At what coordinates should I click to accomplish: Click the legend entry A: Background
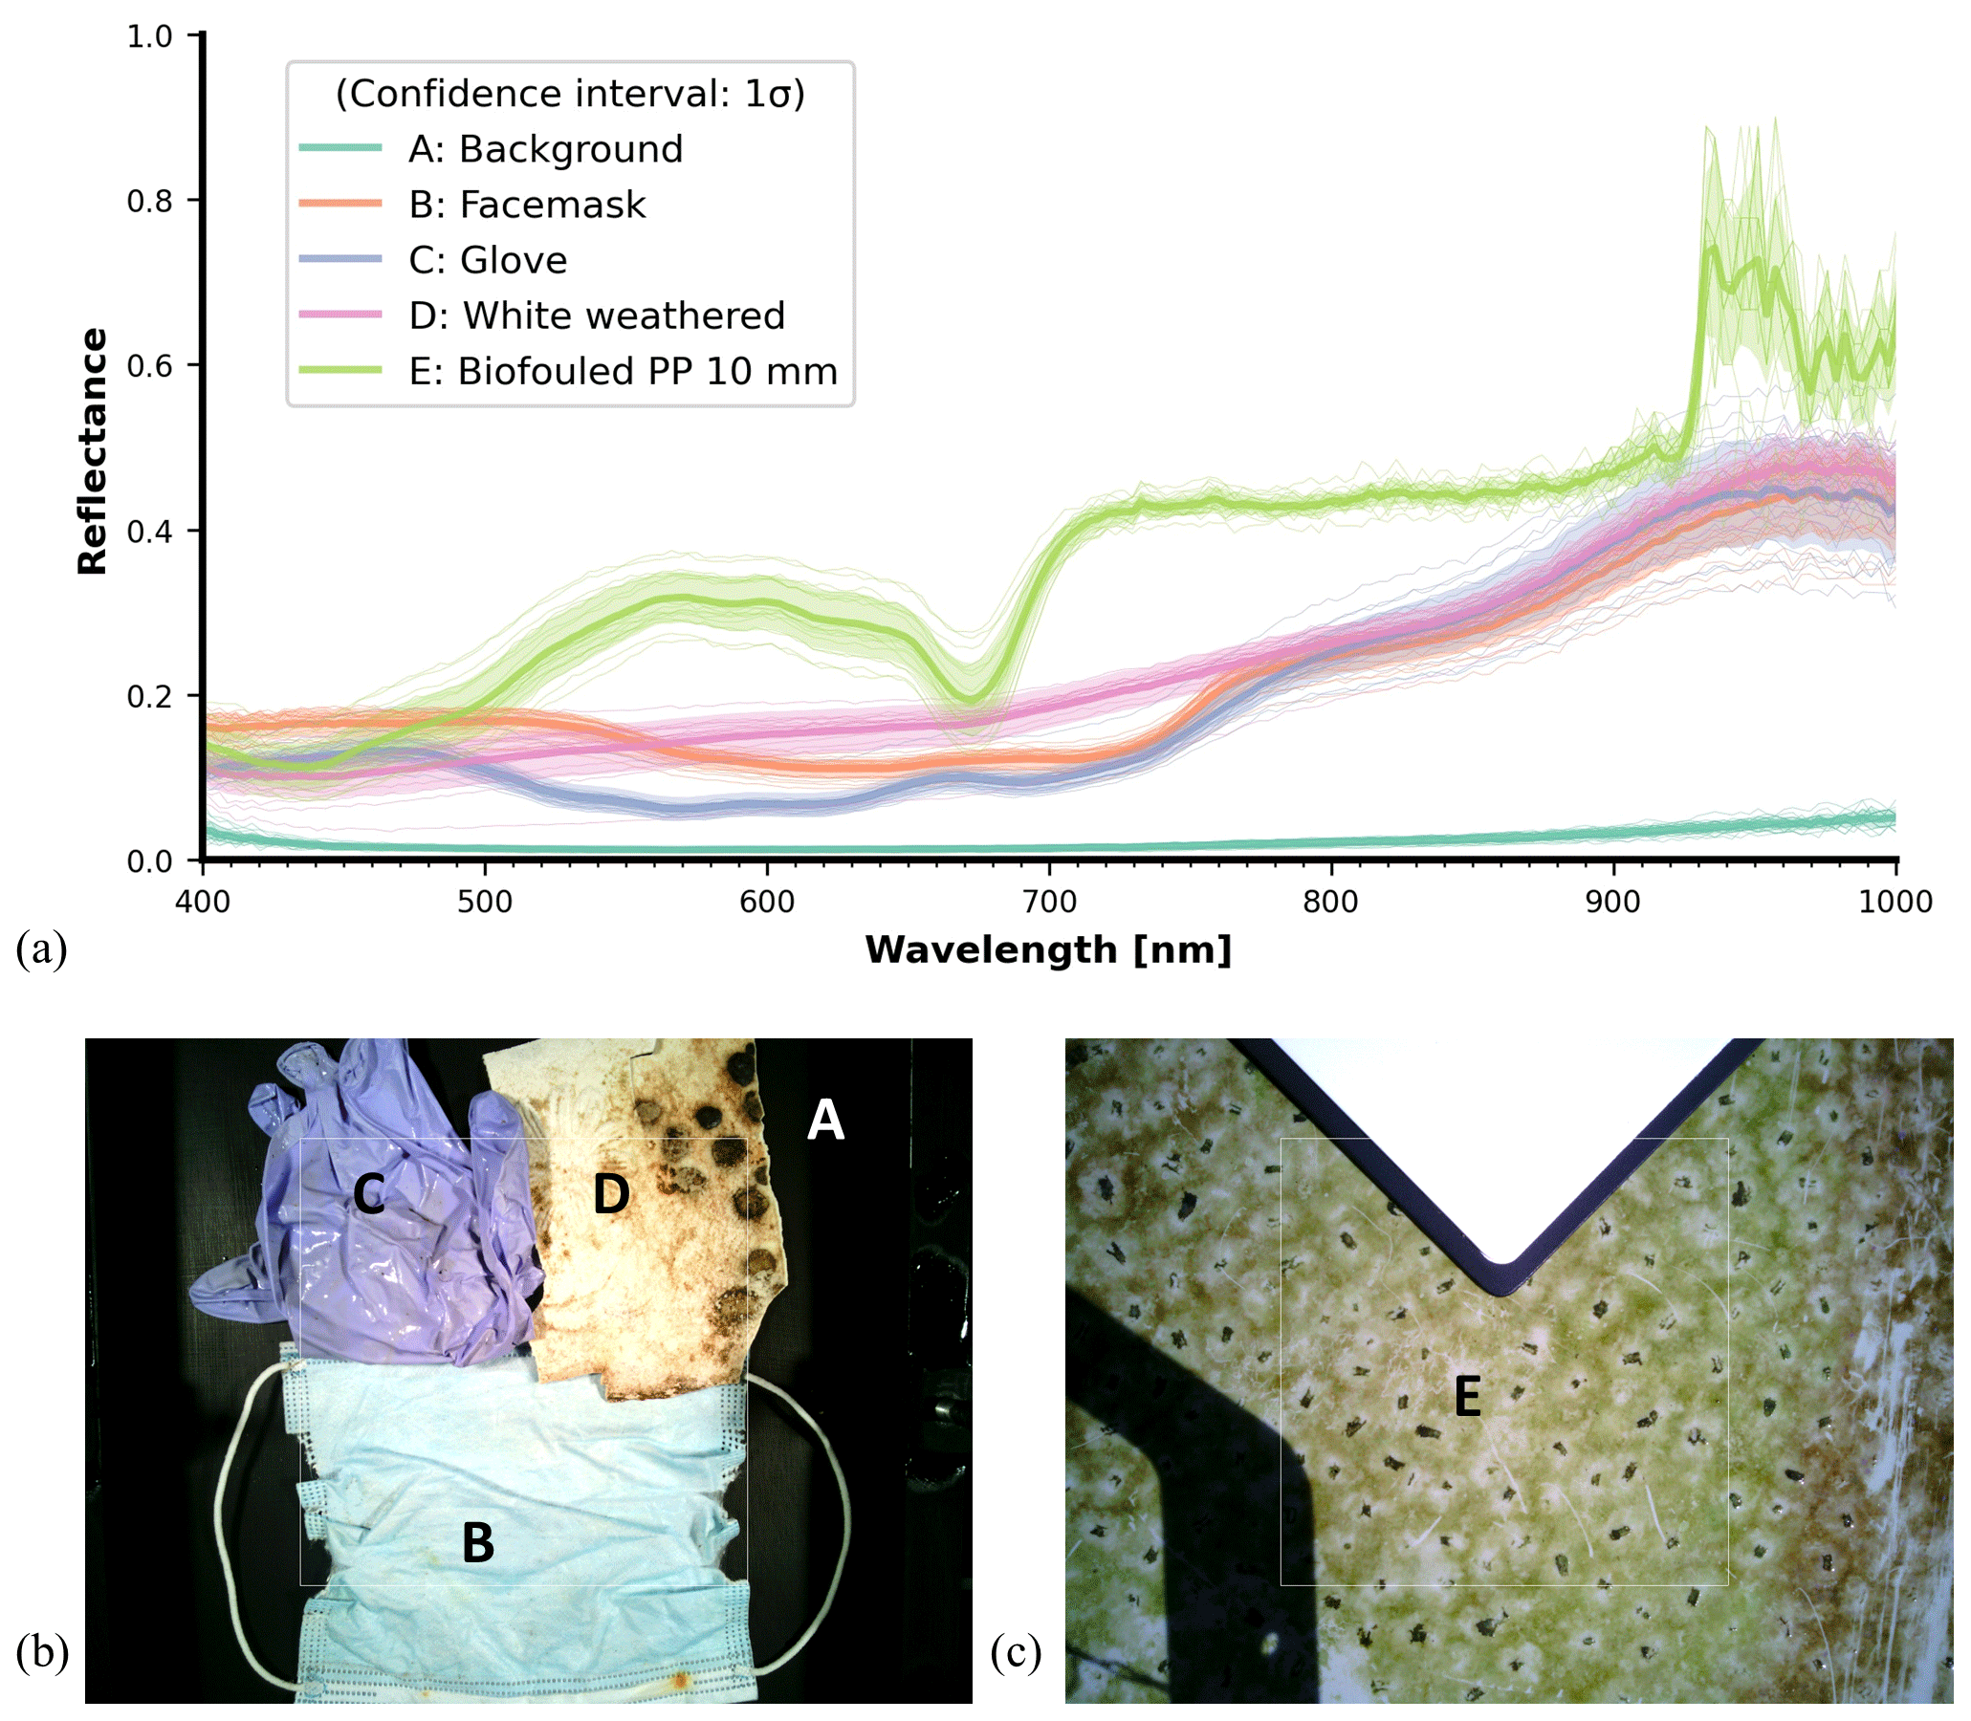tap(544, 149)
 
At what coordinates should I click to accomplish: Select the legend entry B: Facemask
tap(526, 205)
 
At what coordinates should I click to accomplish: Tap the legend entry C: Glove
tap(487, 260)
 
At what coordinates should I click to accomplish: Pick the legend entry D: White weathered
tap(597, 316)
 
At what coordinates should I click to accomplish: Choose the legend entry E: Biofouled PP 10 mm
tap(623, 372)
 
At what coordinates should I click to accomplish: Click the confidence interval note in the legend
tap(570, 93)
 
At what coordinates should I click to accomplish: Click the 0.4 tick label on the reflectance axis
tap(150, 531)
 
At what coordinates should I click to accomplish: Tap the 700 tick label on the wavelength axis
tap(1049, 901)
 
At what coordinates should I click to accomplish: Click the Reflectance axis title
tap(92, 451)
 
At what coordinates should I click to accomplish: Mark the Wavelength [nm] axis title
tap(1048, 949)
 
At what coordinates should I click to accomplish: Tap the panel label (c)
tap(1016, 1653)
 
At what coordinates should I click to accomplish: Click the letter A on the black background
tap(825, 1120)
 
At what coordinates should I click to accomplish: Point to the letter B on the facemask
tap(477, 1543)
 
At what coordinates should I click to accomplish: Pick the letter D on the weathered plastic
tap(611, 1194)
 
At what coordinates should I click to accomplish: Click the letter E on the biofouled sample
tap(1467, 1397)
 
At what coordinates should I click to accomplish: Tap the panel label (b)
tap(41, 1653)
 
